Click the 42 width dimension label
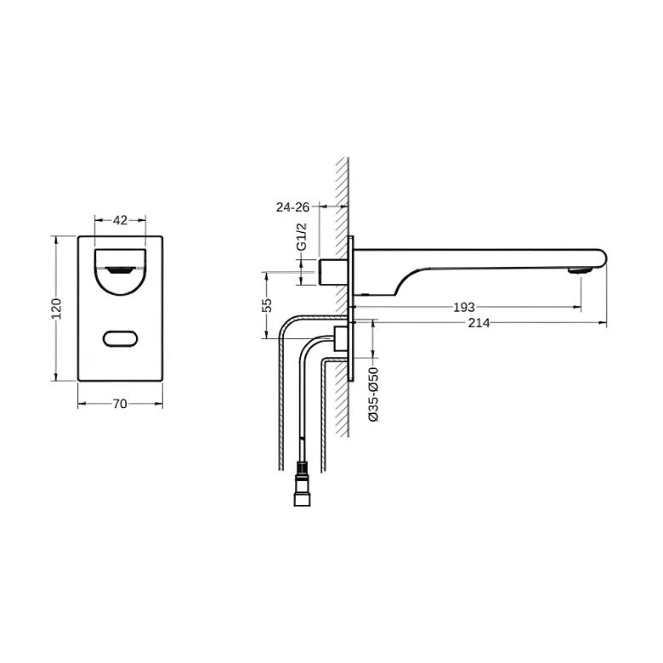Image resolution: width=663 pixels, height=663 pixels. (120, 220)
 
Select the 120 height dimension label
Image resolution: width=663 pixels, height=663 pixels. (56, 309)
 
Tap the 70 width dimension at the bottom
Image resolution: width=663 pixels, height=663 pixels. (120, 405)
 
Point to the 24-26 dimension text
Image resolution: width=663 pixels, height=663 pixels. (292, 207)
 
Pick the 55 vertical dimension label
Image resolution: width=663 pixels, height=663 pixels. (267, 305)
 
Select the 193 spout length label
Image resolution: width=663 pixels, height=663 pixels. (464, 308)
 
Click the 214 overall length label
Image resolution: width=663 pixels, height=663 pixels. (479, 323)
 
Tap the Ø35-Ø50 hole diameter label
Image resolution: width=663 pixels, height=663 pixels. (374, 394)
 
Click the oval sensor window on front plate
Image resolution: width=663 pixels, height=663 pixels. (120, 338)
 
